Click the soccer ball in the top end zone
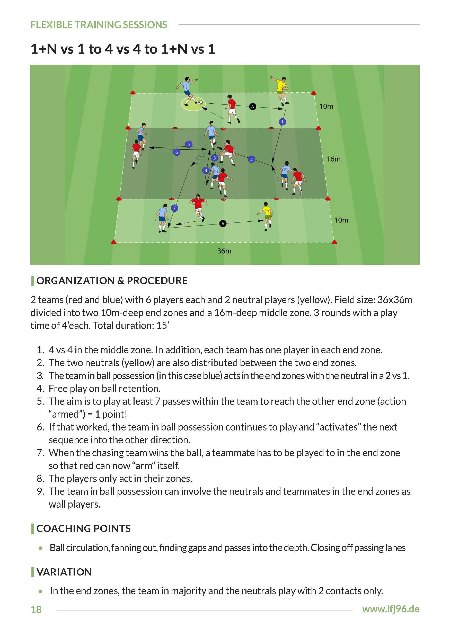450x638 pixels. (200, 102)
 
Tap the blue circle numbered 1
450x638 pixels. (282, 122)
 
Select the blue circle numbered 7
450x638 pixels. (174, 208)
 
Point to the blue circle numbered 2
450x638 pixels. (251, 159)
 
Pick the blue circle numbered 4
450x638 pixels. (206, 170)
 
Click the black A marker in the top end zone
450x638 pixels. (252, 106)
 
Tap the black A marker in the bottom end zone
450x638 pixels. (223, 224)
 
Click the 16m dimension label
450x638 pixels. (333, 159)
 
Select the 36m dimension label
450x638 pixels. (224, 251)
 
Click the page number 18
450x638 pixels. (36, 610)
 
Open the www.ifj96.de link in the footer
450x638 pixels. (391, 609)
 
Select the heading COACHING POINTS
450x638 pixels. (83, 528)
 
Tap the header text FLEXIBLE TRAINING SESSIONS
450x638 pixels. (99, 25)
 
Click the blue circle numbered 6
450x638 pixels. (177, 152)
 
